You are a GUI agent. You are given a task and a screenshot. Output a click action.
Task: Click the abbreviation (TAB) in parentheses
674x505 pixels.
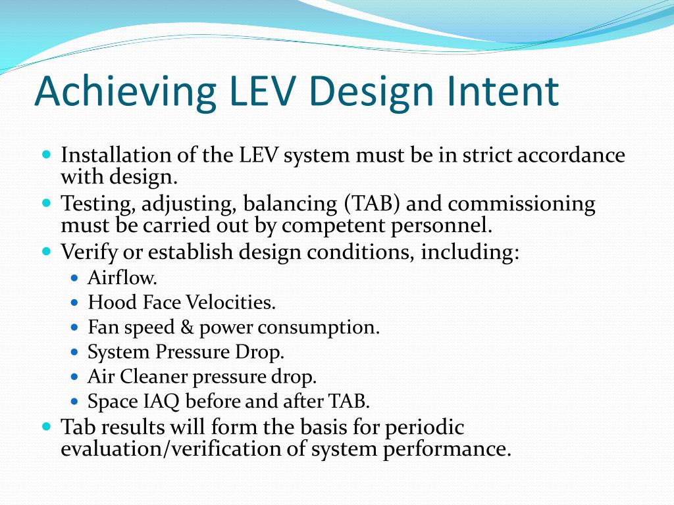pos(371,204)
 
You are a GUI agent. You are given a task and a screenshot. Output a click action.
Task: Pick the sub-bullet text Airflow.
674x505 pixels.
pos(122,278)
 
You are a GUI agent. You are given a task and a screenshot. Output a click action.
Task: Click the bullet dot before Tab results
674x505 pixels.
pos(46,427)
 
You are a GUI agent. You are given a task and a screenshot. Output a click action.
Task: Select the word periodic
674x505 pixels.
pos(424,427)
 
